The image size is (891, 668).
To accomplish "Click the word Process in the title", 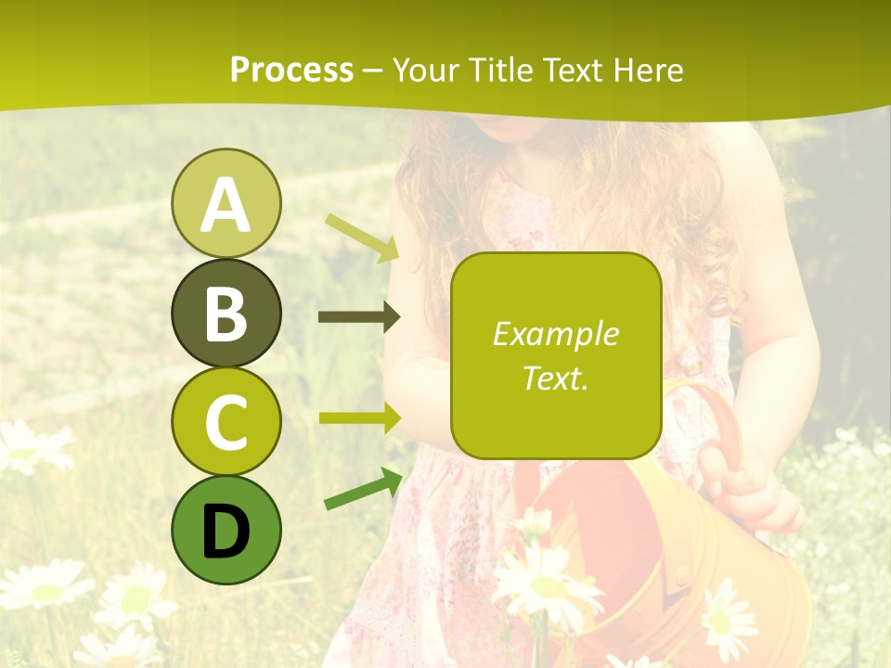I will click(291, 70).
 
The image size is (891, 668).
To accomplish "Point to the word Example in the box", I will click(555, 334).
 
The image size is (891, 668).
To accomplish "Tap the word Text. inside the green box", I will click(555, 378).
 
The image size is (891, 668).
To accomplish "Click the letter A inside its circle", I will click(226, 206).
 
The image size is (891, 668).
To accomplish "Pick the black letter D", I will click(226, 532).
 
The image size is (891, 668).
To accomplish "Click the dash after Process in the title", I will click(373, 71).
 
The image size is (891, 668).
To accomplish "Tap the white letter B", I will click(226, 314).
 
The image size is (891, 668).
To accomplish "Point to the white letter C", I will click(226, 422).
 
